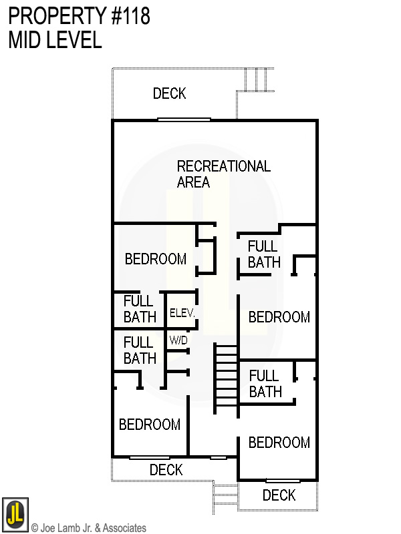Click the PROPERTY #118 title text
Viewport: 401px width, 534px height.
coord(79,15)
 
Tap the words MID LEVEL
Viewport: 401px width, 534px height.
coord(55,40)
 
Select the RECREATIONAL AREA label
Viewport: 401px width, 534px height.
coord(223,174)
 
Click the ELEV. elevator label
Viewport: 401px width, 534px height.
coord(180,312)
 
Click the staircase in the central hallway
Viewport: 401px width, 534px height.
coord(225,379)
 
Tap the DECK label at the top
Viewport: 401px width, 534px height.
coord(169,93)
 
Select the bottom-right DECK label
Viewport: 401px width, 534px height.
coord(279,495)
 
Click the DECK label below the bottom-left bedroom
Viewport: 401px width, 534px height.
coord(166,470)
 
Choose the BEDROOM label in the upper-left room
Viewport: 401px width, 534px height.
coord(156,259)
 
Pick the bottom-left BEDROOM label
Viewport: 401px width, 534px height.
coord(150,425)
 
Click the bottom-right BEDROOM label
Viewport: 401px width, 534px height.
coord(279,443)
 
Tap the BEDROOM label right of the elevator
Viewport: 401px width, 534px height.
coord(279,317)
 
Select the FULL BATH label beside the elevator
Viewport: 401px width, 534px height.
coord(139,309)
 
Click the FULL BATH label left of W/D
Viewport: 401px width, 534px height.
coord(140,350)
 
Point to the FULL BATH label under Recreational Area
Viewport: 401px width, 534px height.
coord(263,254)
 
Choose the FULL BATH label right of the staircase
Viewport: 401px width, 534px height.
coord(265,384)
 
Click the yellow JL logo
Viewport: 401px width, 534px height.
coord(15,514)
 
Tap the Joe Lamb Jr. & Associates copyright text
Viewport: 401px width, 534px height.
coord(88,528)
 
